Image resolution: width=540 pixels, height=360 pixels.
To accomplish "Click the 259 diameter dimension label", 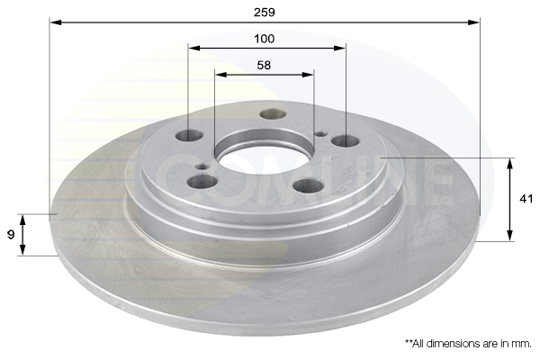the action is pyautogui.click(x=264, y=13).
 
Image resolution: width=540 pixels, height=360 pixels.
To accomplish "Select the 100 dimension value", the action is pyautogui.click(x=264, y=39).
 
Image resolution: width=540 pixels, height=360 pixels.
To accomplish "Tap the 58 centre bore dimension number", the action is pyautogui.click(x=264, y=65).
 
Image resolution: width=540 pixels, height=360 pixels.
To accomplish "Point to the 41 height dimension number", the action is pyautogui.click(x=526, y=199).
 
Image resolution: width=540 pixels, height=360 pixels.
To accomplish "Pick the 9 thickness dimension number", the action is pyautogui.click(x=11, y=235).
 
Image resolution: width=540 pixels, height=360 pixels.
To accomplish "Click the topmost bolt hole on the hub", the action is pyautogui.click(x=273, y=113).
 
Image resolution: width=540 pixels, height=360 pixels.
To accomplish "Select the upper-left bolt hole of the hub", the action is pyautogui.click(x=189, y=136).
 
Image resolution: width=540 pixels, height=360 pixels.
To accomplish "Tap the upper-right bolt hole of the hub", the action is pyautogui.click(x=346, y=141).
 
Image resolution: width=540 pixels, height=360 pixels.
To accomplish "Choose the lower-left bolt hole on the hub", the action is pyautogui.click(x=202, y=181).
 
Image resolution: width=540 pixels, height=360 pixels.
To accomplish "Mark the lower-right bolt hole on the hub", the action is pyautogui.click(x=308, y=185).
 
